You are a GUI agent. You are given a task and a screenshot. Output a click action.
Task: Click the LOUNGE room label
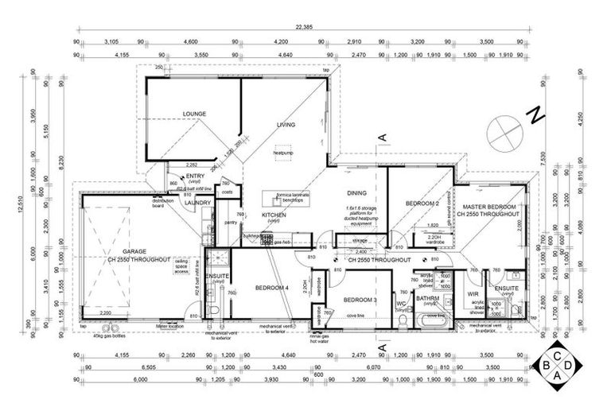[x=194, y=114]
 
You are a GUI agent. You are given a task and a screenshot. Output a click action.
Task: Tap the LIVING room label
[x=286, y=124]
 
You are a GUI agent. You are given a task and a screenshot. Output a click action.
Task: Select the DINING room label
[x=356, y=192]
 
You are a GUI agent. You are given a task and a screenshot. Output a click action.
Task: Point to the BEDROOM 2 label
[x=422, y=204]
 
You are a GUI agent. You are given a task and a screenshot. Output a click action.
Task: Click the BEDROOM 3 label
[x=360, y=300]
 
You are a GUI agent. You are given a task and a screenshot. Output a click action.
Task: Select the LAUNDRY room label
[x=197, y=203]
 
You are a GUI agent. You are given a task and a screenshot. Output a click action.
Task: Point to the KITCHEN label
[x=274, y=215]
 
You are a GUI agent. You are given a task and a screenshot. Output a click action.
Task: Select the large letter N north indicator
[x=536, y=114]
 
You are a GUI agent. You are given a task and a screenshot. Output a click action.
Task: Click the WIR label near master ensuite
[x=473, y=293]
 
